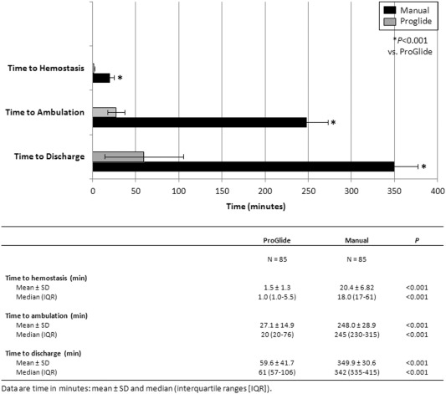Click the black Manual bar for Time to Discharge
click(244, 166)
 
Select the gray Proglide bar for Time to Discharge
click(118, 156)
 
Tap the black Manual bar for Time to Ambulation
click(200, 122)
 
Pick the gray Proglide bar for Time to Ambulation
click(104, 112)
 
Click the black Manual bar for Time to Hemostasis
click(101, 78)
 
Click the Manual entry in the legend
click(406, 10)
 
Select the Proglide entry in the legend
click(408, 21)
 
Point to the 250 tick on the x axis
click(308, 191)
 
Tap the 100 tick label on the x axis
click(179, 191)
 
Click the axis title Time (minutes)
click(256, 207)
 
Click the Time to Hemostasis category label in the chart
click(46, 69)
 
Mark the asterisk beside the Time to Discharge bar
click(423, 166)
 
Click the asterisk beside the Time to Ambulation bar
click(333, 123)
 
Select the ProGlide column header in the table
click(277, 240)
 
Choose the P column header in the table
click(417, 240)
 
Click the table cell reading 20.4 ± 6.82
click(356, 288)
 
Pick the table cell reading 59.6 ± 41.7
click(277, 363)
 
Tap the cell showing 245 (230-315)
click(356, 335)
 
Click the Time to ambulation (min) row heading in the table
click(46, 316)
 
